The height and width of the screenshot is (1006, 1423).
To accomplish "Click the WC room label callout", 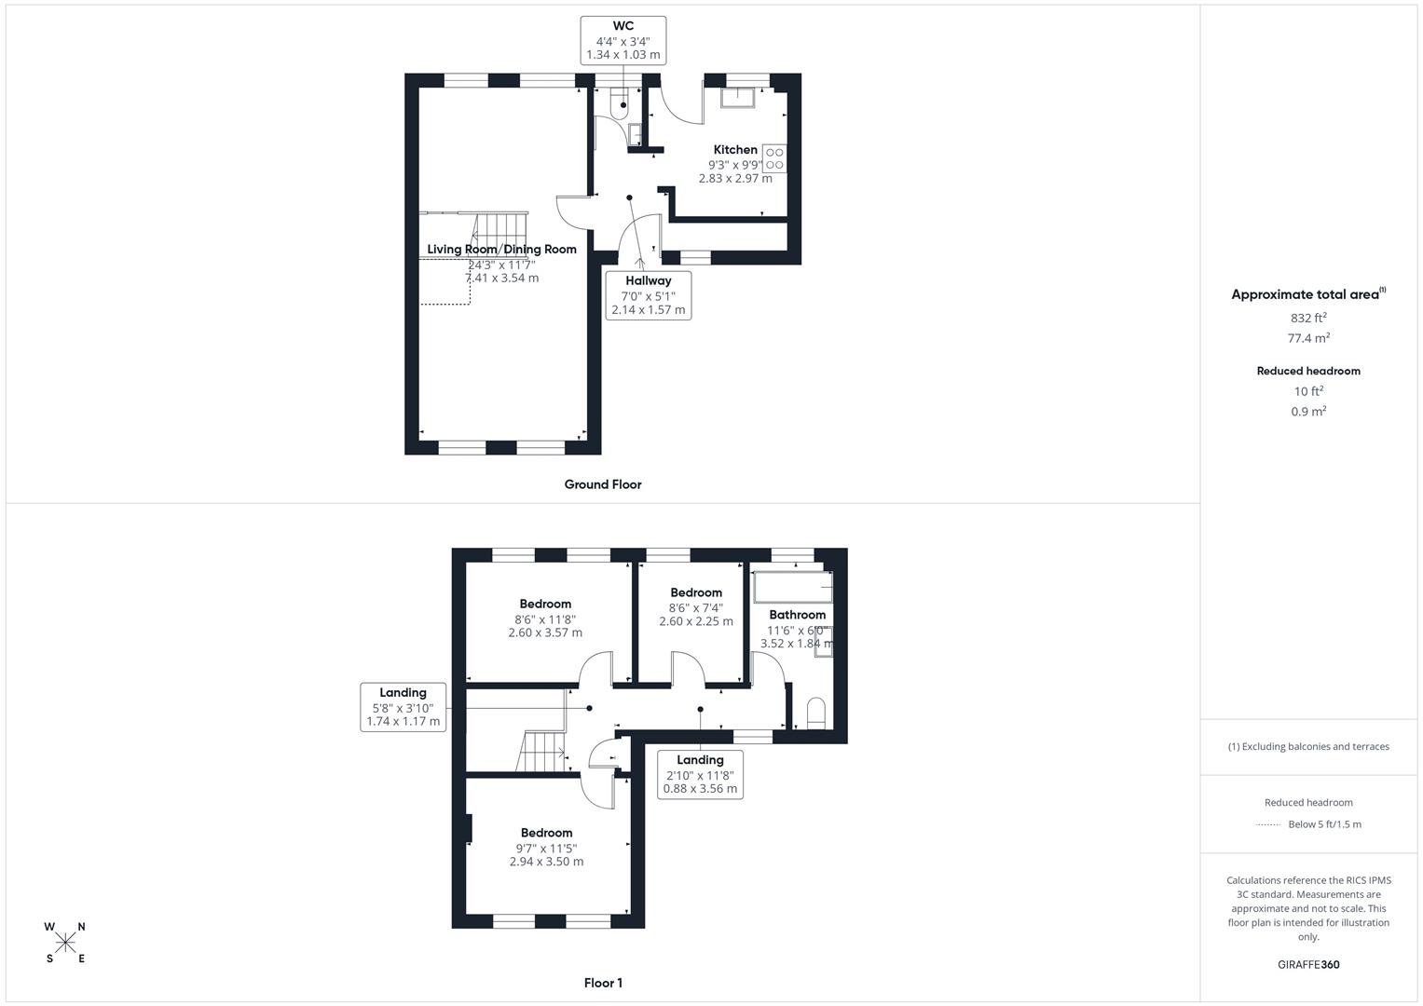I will [x=623, y=40].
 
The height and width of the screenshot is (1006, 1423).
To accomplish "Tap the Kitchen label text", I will [x=735, y=150].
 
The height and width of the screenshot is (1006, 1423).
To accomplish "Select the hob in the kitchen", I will [x=774, y=158].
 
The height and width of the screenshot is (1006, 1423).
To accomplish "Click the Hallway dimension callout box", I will [x=649, y=294].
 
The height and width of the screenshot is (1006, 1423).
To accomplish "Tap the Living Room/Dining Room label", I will [x=501, y=250].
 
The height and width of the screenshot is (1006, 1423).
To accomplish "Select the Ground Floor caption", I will [x=603, y=484].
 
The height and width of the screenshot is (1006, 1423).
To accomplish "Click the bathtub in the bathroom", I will [x=792, y=589].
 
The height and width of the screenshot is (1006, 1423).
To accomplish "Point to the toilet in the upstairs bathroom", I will [x=815, y=713].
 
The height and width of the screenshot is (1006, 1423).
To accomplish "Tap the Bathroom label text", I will [x=797, y=615].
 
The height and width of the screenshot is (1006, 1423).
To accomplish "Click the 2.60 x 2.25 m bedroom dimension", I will [x=696, y=621].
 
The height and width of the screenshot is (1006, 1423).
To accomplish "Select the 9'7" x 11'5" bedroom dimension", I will [x=546, y=848].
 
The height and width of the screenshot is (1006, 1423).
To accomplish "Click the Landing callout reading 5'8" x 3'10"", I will [x=404, y=707].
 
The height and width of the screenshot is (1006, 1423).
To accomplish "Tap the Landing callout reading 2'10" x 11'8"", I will [x=700, y=774].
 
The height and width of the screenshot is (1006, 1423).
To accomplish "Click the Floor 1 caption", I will [x=603, y=983].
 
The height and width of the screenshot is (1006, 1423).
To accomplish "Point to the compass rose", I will [x=65, y=943].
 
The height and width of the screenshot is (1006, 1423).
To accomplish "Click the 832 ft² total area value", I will [x=1308, y=318].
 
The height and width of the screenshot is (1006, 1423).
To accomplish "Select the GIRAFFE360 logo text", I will [x=1308, y=965].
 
